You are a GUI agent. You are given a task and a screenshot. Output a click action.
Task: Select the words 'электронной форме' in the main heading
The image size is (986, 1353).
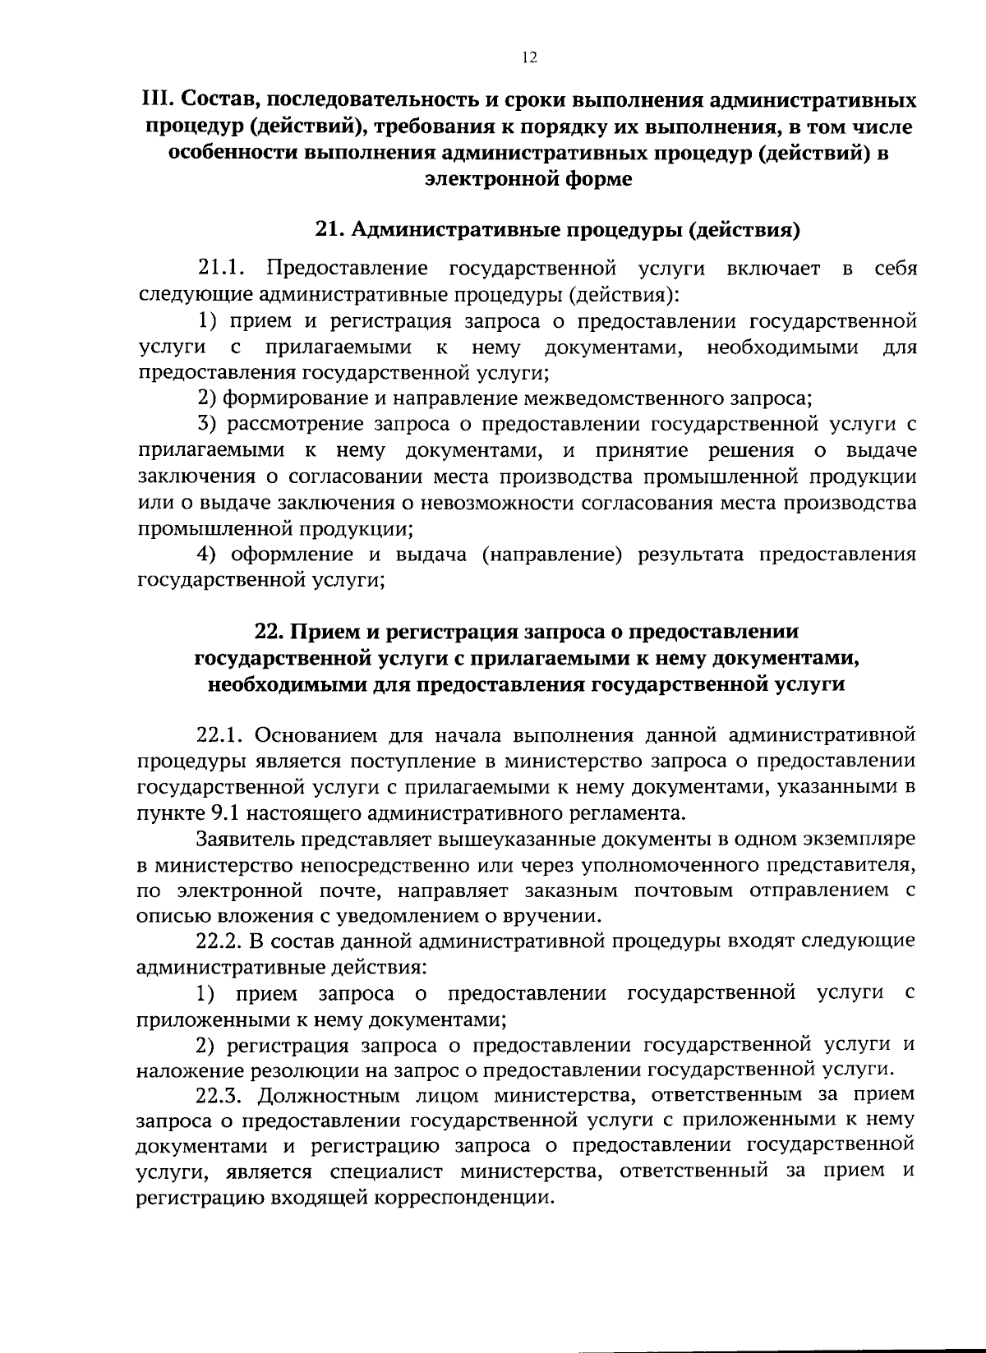point(528,179)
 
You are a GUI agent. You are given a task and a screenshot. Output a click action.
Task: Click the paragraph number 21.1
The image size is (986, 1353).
point(221,269)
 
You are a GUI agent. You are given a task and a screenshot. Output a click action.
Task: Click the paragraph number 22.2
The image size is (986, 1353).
point(221,940)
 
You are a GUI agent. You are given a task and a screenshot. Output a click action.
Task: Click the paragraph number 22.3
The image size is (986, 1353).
point(221,1095)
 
